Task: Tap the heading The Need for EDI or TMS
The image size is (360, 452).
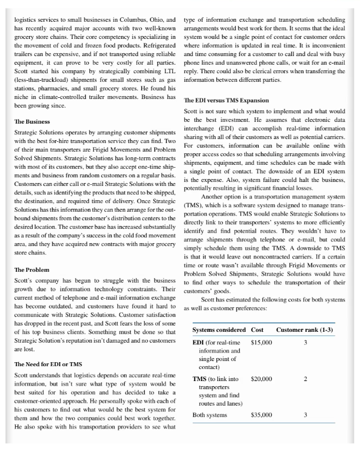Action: click(48, 364)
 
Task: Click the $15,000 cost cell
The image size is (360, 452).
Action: click(262, 343)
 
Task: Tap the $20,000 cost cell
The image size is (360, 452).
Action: click(262, 379)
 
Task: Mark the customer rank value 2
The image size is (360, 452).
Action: click(306, 379)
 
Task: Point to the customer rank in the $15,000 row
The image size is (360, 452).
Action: click(306, 343)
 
